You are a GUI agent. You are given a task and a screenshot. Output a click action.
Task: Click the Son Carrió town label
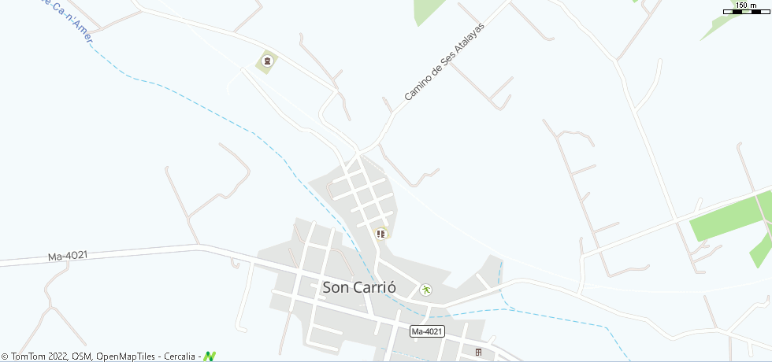358,287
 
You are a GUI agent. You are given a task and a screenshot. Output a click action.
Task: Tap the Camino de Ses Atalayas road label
443,62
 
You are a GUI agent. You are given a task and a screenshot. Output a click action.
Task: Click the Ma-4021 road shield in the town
427,331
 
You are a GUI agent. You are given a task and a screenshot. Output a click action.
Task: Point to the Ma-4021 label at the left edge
67,257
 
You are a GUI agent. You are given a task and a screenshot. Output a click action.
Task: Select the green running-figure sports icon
425,290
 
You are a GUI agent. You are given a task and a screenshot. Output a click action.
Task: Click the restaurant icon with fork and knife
381,234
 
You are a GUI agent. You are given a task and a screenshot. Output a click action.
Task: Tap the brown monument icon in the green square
266,61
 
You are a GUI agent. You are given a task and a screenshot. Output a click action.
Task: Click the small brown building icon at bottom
477,352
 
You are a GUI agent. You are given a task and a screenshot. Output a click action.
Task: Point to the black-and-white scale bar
745,12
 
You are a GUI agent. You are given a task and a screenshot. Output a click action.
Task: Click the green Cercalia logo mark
210,356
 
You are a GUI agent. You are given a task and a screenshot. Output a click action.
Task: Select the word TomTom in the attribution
28,356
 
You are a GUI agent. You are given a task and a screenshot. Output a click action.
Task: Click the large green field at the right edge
729,218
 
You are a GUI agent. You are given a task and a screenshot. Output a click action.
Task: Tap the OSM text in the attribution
82,356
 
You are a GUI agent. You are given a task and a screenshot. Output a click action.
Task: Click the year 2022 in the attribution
58,356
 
